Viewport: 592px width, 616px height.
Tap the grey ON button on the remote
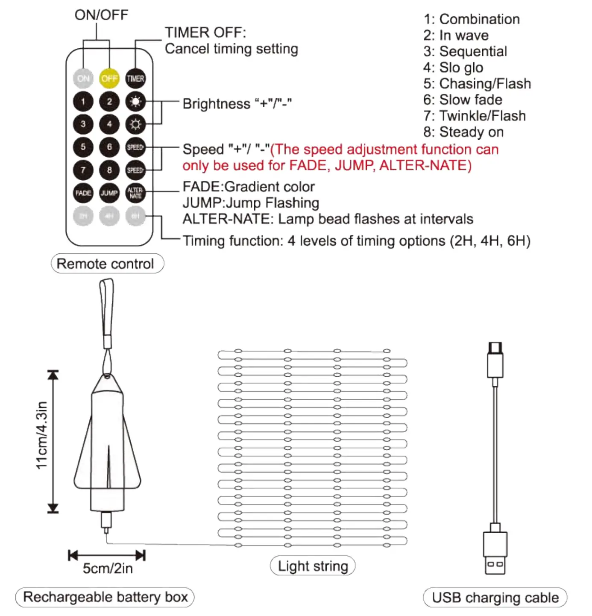(x=83, y=79)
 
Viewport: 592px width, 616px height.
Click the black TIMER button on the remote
(x=135, y=79)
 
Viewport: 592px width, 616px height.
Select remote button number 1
(x=83, y=102)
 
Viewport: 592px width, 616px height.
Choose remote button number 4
(x=109, y=124)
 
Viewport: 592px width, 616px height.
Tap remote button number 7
(x=83, y=170)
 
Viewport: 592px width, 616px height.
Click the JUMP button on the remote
(x=109, y=193)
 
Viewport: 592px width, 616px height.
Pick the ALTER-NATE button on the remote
(x=135, y=193)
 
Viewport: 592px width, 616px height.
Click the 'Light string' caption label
(x=313, y=566)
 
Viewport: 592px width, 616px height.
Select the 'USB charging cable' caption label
(x=495, y=597)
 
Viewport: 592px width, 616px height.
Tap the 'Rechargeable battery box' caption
(x=105, y=597)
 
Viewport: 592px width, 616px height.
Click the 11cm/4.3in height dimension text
(x=41, y=435)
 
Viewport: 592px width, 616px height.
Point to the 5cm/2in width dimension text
(x=108, y=568)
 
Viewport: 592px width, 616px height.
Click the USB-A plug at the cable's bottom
(x=495, y=553)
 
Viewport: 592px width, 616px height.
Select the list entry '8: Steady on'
(x=463, y=132)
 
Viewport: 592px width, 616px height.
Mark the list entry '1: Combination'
(x=472, y=19)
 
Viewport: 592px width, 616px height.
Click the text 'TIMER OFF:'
(x=205, y=32)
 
